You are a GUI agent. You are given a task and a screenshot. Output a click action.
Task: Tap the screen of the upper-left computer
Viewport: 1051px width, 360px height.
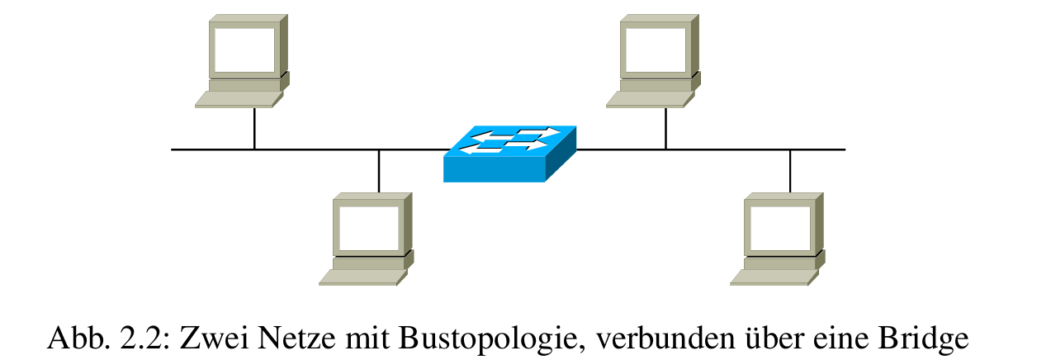(x=244, y=50)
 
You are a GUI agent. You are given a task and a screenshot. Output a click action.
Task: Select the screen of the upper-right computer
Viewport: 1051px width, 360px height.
(x=655, y=50)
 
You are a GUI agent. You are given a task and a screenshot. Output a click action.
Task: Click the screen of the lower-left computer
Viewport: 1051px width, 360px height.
(x=367, y=228)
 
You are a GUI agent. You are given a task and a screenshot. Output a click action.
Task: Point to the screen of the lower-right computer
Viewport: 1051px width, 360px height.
(x=779, y=228)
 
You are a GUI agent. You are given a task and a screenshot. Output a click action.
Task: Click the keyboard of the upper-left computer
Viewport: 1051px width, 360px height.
(x=237, y=99)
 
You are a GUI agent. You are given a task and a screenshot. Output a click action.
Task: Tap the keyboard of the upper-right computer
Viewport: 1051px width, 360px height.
(x=648, y=99)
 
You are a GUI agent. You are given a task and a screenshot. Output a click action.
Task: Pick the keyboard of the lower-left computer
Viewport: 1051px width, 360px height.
(x=361, y=277)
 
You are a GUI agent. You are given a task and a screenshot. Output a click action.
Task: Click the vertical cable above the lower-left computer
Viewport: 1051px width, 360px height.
(x=378, y=171)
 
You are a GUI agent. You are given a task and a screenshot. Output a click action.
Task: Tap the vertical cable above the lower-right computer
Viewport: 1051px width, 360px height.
(x=790, y=171)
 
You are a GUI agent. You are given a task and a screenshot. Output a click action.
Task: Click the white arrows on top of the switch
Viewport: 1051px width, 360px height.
(x=505, y=140)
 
